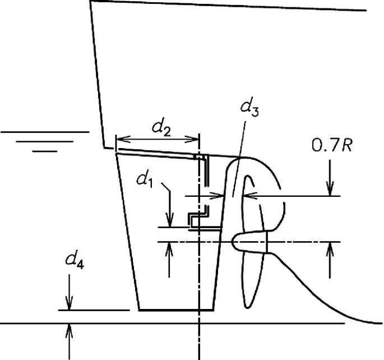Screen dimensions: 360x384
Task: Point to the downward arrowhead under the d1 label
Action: point(170,223)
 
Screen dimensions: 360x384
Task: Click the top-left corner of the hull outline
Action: point(90,2)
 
